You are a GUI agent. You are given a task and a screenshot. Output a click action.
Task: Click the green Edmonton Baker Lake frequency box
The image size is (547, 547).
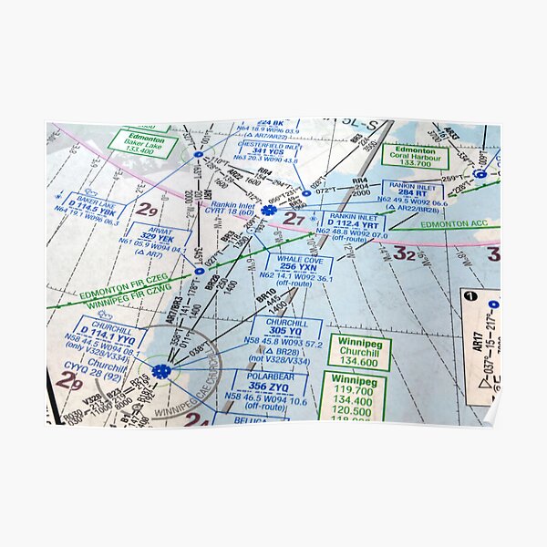click(142, 142)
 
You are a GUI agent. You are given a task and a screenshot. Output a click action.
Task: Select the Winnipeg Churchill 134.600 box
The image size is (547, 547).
click(359, 352)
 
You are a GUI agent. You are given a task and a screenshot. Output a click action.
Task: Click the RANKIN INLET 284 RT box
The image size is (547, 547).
click(412, 193)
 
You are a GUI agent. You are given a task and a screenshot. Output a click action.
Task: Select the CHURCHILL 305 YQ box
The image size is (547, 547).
click(287, 333)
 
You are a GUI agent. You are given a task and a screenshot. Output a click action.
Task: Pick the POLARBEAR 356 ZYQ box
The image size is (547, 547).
click(269, 382)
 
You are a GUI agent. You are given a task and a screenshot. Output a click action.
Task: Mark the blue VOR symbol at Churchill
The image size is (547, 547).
click(161, 371)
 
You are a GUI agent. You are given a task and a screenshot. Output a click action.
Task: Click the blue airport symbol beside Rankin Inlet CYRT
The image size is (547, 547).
click(268, 211)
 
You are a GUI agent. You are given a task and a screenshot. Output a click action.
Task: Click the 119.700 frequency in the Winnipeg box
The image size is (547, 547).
click(352, 389)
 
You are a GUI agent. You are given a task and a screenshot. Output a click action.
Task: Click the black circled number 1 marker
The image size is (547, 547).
click(469, 296)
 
